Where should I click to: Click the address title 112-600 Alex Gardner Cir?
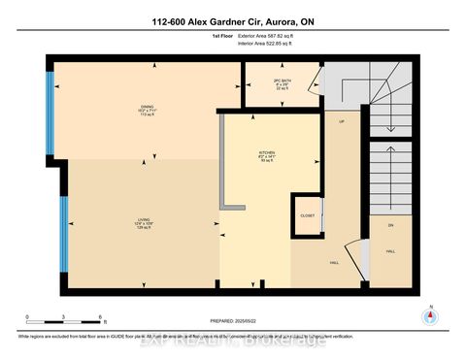click(x=233, y=21)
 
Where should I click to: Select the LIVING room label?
click(x=145, y=221)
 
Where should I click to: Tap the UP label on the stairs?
click(x=342, y=121)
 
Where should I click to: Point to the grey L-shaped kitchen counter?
click(x=226, y=175)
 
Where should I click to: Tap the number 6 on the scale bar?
click(x=102, y=316)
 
